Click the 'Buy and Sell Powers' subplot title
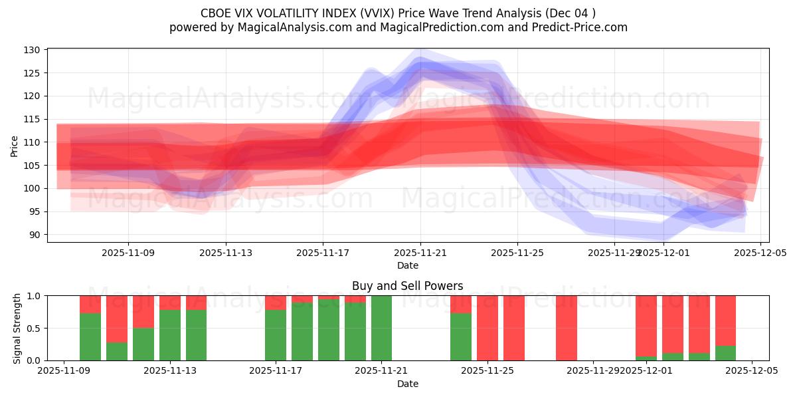coord(408,286)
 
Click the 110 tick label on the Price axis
coord(33,142)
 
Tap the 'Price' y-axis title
coord(15,146)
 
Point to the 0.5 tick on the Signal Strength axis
coord(35,328)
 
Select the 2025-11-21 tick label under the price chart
coord(420,253)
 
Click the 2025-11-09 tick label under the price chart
coord(128,253)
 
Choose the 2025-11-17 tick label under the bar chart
coord(276,371)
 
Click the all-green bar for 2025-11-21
coord(381,328)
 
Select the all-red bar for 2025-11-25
coord(487,328)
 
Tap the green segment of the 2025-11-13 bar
coord(170,335)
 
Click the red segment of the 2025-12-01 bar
coord(646,326)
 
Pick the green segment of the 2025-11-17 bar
coord(276,335)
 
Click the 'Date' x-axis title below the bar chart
coord(408,384)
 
